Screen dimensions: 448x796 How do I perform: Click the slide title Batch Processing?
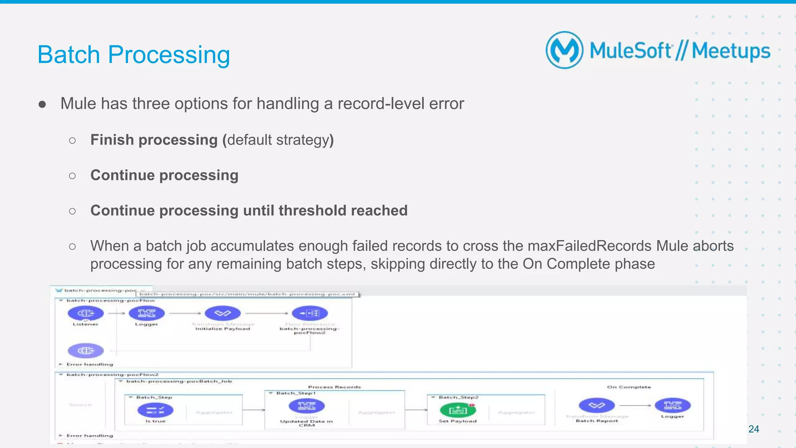pyautogui.click(x=134, y=54)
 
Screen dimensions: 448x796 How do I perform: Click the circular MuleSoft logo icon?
pyautogui.click(x=564, y=50)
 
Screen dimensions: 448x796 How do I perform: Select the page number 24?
pyautogui.click(x=754, y=429)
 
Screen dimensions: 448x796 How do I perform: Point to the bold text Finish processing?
pyautogui.click(x=154, y=140)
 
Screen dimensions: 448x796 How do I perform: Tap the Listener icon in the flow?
pyautogui.click(x=86, y=313)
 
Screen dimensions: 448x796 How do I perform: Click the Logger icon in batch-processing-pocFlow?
pyautogui.click(x=147, y=313)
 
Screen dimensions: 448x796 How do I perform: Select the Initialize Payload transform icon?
pyautogui.click(x=223, y=313)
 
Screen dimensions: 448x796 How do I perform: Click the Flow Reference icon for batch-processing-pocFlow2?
pyautogui.click(x=310, y=313)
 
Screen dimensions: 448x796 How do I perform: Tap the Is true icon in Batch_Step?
pyautogui.click(x=155, y=410)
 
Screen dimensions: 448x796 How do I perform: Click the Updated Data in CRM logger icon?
pyautogui.click(x=307, y=406)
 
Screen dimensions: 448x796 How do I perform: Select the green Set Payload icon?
pyautogui.click(x=457, y=410)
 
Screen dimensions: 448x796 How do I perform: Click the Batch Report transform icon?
pyautogui.click(x=597, y=406)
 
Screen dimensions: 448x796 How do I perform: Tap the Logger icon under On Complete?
pyautogui.click(x=672, y=405)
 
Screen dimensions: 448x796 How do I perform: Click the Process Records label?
pyautogui.click(x=334, y=387)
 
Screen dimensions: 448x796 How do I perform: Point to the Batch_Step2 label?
pyautogui.click(x=459, y=397)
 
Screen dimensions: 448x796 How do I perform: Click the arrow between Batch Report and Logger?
pyautogui.click(x=635, y=406)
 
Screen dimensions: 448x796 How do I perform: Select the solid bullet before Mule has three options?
pyautogui.click(x=42, y=104)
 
